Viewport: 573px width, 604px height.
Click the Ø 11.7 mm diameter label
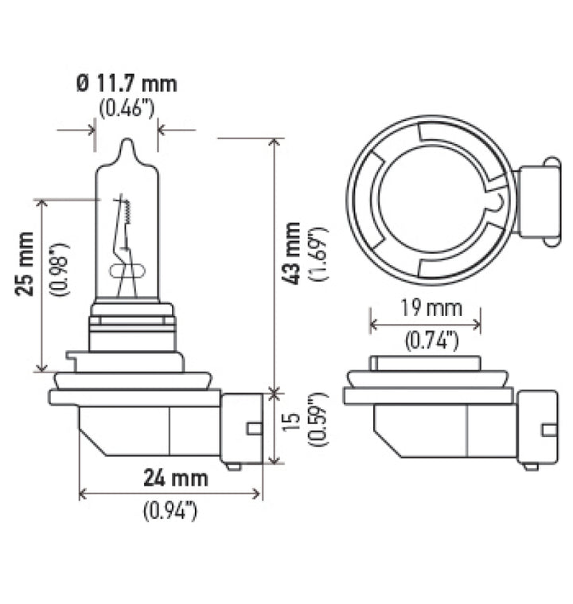(x=127, y=84)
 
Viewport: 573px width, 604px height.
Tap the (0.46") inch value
(x=127, y=108)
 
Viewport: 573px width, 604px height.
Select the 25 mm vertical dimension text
(x=26, y=263)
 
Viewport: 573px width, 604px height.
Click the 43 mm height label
(x=292, y=254)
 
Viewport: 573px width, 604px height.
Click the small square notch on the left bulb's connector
(x=254, y=429)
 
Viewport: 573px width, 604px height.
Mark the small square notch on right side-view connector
(x=548, y=430)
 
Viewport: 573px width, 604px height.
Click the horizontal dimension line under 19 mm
(x=425, y=324)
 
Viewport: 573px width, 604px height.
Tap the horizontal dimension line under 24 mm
(x=170, y=494)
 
